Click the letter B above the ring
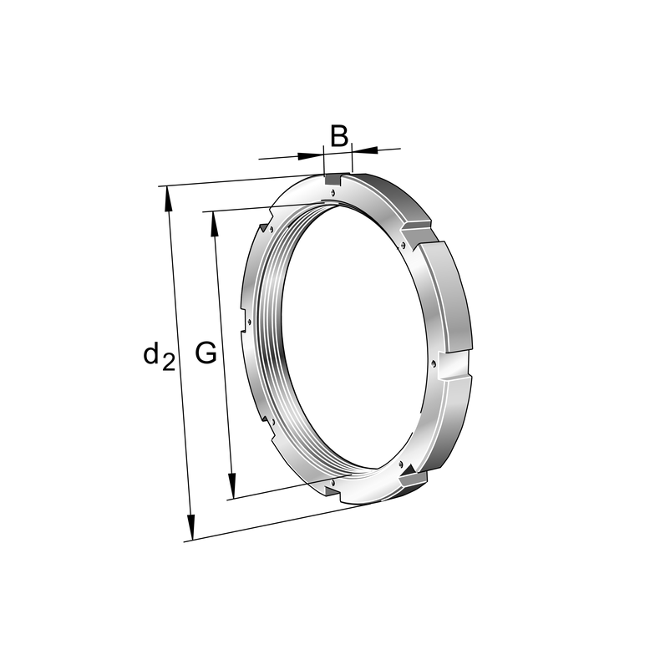[339, 135]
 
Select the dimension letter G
[206, 353]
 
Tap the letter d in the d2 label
[151, 353]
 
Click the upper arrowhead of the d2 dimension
[168, 198]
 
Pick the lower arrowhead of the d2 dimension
[190, 528]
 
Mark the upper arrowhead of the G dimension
[214, 224]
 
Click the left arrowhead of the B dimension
[311, 156]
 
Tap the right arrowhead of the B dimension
[364, 150]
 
